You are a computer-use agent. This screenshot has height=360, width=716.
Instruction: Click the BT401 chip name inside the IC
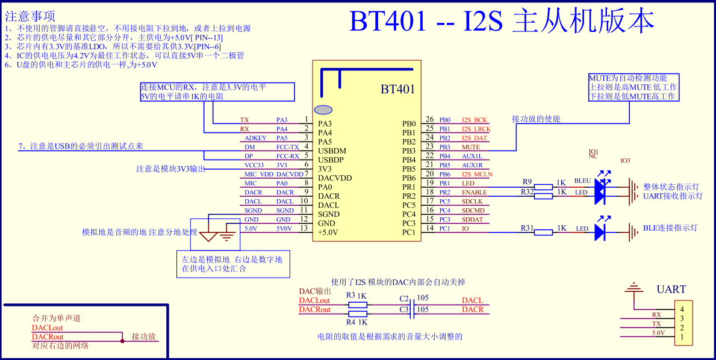coord(397,90)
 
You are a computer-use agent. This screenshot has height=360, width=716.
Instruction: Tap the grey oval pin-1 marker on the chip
coord(324,110)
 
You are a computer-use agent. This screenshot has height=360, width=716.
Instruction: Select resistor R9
coord(543,187)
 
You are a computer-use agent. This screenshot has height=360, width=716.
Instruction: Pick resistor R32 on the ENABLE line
coord(543,196)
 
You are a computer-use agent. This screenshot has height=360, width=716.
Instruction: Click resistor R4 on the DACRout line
coord(358,314)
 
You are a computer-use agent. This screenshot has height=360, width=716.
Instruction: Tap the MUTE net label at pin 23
coord(470,147)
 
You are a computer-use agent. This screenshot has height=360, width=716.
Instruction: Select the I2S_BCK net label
coord(474,120)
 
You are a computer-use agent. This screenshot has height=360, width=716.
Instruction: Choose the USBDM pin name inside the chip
coord(332,151)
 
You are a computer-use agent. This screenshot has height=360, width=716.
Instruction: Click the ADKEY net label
coord(255,138)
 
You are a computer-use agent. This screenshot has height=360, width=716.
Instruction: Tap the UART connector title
coord(671,290)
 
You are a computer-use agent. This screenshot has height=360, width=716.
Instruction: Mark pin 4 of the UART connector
coord(682,309)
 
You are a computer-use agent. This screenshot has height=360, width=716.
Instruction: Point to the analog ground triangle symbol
coord(210,236)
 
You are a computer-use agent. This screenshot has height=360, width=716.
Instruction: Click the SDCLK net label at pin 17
coord(472,201)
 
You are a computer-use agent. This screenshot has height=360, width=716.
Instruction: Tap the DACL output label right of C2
coord(472,300)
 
